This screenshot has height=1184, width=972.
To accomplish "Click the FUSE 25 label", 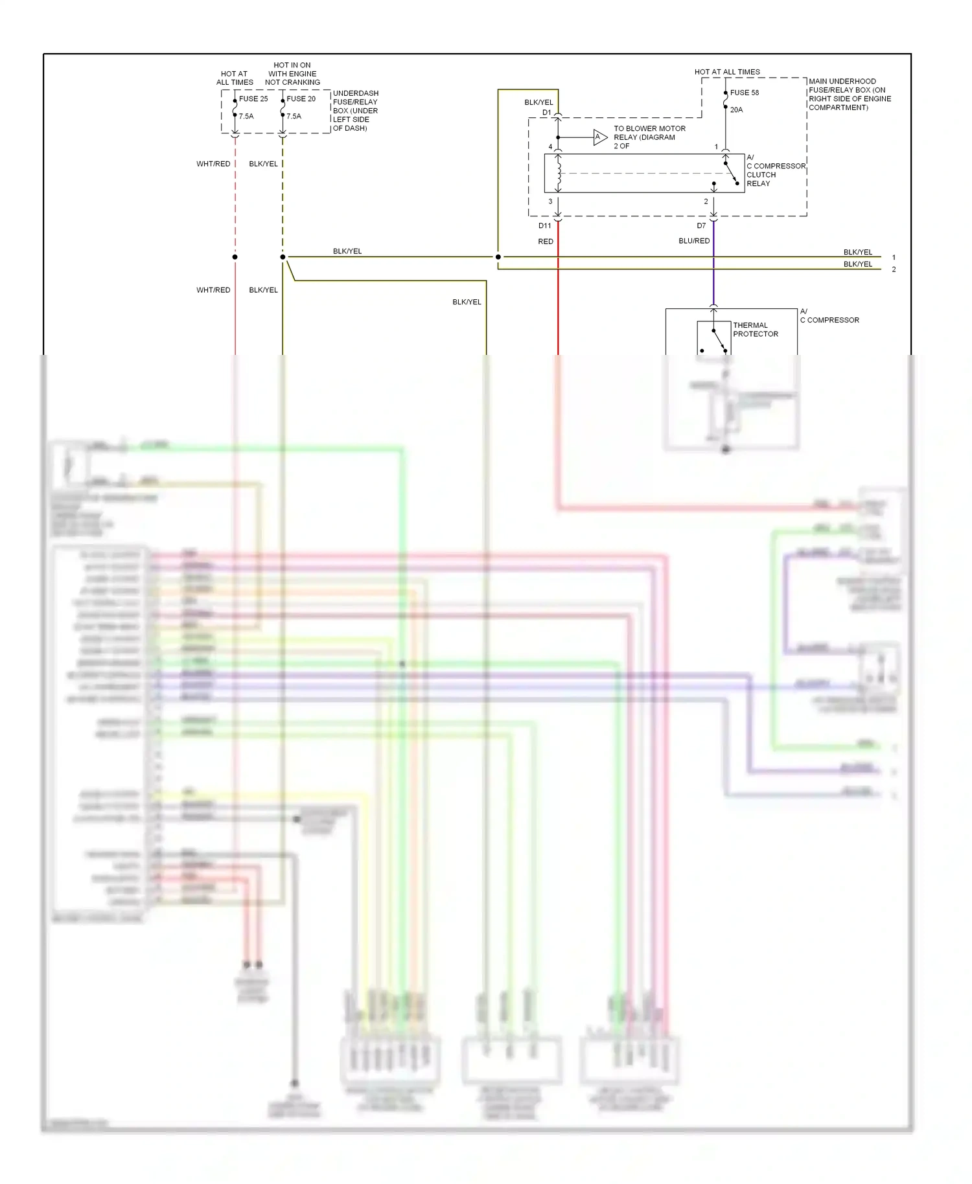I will (253, 99).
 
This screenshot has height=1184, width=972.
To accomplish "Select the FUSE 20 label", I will (301, 99).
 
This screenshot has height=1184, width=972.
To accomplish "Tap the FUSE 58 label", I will (744, 93).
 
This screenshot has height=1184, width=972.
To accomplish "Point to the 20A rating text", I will (736, 110).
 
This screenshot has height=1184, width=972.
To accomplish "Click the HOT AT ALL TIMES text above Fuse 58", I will (727, 72).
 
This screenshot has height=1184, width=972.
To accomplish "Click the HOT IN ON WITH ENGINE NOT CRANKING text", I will (292, 74).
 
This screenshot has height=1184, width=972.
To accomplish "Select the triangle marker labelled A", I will (599, 137).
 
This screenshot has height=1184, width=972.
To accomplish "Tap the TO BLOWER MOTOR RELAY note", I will (649, 137).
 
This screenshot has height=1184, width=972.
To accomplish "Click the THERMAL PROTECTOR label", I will (755, 330).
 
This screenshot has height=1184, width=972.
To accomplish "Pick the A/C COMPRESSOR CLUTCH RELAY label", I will (775, 171).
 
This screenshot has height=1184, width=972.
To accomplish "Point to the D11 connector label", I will (544, 226).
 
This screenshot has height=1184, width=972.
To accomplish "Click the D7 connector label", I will (701, 226).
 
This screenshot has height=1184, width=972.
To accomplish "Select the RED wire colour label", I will (546, 242).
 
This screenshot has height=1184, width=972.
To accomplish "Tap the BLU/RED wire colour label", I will (694, 241).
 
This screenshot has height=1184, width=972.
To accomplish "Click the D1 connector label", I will (546, 113).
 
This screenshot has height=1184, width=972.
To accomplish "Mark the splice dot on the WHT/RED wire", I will (235, 257).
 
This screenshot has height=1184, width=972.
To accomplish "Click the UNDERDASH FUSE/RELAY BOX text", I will (355, 111).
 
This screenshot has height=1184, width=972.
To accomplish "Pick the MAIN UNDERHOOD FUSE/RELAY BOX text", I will (849, 95).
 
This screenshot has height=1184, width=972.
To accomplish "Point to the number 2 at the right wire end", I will (894, 269).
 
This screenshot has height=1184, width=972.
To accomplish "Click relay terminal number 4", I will (550, 147).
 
